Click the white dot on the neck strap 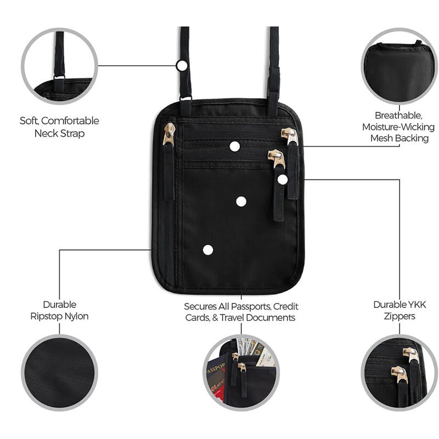point(182,65)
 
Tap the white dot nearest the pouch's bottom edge point(208,250)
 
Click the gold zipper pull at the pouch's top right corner point(289,136)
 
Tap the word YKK point(415,305)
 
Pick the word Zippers point(399,316)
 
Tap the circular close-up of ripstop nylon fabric point(59,373)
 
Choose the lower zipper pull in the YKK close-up point(398,374)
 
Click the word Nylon point(76,316)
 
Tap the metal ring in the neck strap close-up point(59,77)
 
